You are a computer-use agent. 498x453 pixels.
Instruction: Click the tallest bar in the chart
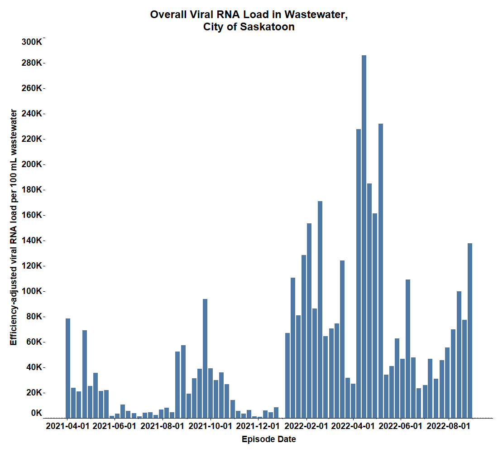364,236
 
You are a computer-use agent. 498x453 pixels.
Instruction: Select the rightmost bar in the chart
470,331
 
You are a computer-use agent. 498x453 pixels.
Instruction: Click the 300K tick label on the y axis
32,42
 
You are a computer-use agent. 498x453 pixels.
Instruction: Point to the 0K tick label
36,413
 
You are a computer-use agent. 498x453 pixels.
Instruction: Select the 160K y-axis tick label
32,215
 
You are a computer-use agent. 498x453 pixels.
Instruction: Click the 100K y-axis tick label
32,291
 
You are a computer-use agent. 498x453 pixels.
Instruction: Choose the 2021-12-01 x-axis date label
258,426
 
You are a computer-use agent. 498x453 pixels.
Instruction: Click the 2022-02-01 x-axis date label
306,426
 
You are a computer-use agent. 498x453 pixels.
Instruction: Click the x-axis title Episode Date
269,439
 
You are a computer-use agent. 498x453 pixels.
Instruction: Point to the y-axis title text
14,227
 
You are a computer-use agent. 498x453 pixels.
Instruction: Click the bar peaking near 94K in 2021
205,358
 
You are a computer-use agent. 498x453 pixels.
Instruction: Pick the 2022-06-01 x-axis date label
400,426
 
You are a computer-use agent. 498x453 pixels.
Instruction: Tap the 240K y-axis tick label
32,114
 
